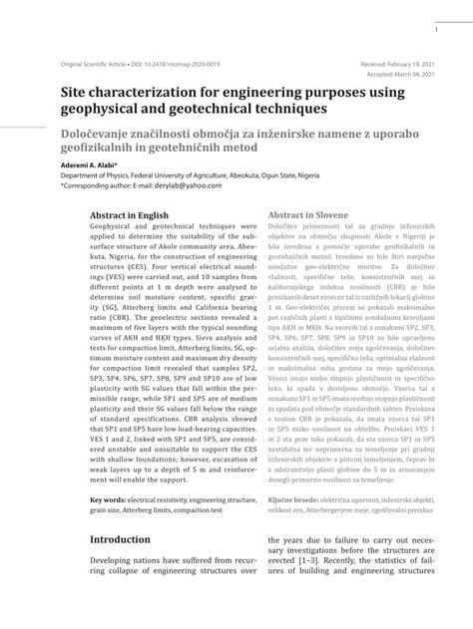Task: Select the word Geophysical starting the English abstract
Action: tap(115, 228)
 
